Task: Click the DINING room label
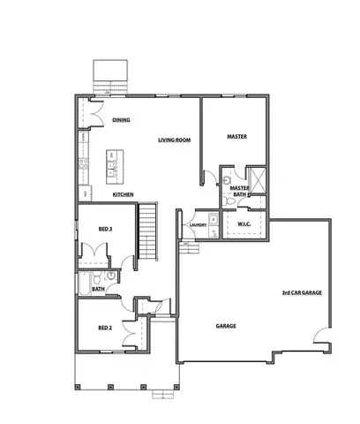click(x=121, y=119)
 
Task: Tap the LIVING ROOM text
click(x=175, y=140)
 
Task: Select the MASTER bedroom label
click(x=236, y=137)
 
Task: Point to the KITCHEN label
click(x=123, y=193)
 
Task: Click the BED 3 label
click(x=104, y=229)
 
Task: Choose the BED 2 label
click(x=104, y=328)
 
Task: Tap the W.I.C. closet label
click(x=245, y=223)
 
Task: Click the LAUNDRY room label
click(x=199, y=224)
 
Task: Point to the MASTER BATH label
click(x=238, y=191)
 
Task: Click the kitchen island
click(x=112, y=164)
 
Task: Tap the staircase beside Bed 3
click(x=147, y=231)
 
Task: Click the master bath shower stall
click(x=256, y=178)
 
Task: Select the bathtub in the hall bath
click(x=85, y=283)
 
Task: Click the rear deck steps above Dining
click(x=112, y=76)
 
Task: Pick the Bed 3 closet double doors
click(x=94, y=257)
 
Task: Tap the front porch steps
click(x=161, y=395)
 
